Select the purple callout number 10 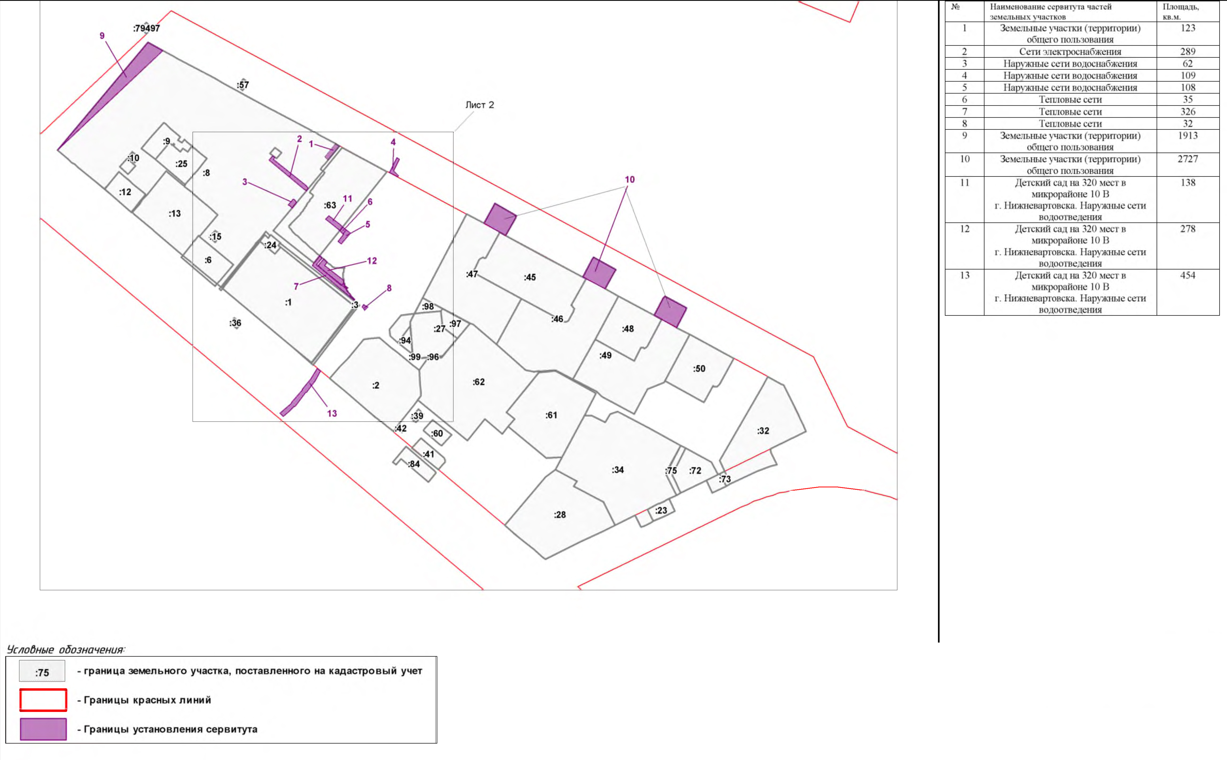(x=630, y=179)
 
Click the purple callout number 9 (x=102, y=36)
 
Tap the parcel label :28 (x=560, y=515)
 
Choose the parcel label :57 (x=243, y=86)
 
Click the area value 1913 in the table (x=1188, y=136)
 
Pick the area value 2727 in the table (x=1188, y=159)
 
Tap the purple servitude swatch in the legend (x=43, y=729)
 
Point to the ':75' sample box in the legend (x=42, y=671)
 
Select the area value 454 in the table (x=1188, y=276)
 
